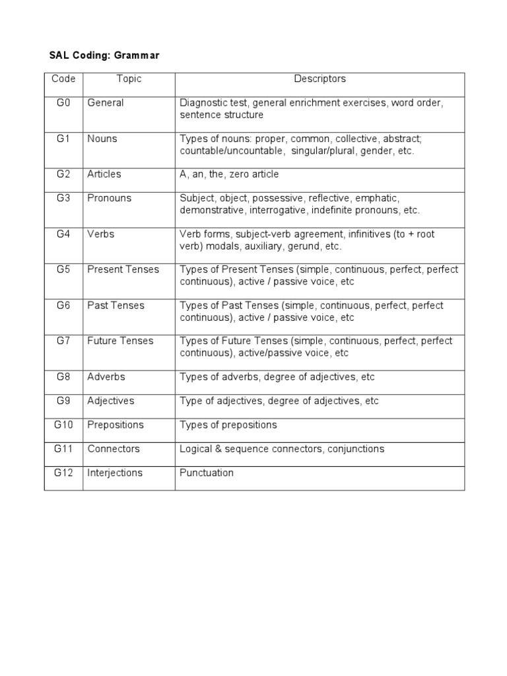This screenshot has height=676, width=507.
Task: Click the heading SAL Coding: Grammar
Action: (x=104, y=56)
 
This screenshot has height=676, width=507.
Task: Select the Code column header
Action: (x=63, y=79)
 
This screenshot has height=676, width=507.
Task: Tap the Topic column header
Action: (x=129, y=79)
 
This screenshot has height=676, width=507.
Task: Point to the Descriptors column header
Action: (x=320, y=79)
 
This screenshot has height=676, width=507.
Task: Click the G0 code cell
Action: (x=63, y=103)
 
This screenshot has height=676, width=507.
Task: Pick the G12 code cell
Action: (x=63, y=473)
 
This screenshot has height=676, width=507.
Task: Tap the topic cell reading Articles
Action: (x=104, y=174)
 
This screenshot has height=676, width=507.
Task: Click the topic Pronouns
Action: (x=110, y=198)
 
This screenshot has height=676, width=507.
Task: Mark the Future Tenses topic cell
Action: (x=120, y=341)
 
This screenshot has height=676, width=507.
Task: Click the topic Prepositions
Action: (x=116, y=424)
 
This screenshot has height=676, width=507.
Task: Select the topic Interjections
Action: (x=115, y=473)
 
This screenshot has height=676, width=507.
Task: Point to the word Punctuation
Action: (x=207, y=473)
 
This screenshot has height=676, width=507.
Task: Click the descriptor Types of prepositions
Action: (x=228, y=424)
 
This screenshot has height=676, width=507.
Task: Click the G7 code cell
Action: (x=63, y=341)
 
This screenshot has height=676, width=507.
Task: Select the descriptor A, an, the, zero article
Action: (x=229, y=174)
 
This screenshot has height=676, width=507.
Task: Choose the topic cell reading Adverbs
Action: (x=106, y=377)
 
